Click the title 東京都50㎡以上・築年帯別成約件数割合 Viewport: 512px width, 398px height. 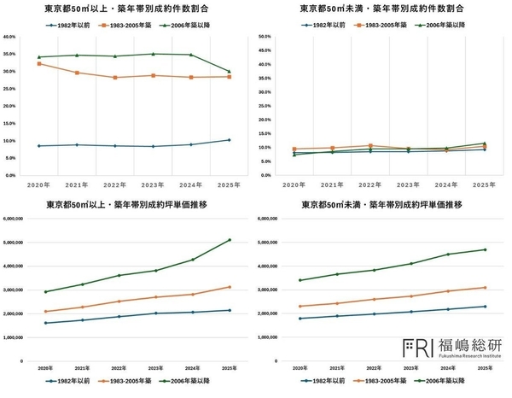[127, 9]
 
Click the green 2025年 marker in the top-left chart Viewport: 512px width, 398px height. [229, 72]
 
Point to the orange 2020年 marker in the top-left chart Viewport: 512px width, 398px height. [39, 64]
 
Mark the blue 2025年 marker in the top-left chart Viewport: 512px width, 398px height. [229, 140]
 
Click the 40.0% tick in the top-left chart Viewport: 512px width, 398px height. [10, 38]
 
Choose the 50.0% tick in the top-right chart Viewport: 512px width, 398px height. [265, 38]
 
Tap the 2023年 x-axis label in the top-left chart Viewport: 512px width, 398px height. [153, 184]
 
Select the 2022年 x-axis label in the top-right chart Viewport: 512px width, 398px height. [369, 184]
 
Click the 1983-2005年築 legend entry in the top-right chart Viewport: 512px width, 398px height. [380, 24]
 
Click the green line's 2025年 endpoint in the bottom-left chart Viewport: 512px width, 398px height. [229, 240]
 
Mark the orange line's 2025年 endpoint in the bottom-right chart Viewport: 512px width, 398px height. [485, 288]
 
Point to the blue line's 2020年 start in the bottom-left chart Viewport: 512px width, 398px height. [44, 323]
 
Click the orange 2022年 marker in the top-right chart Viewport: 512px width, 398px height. [369, 146]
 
